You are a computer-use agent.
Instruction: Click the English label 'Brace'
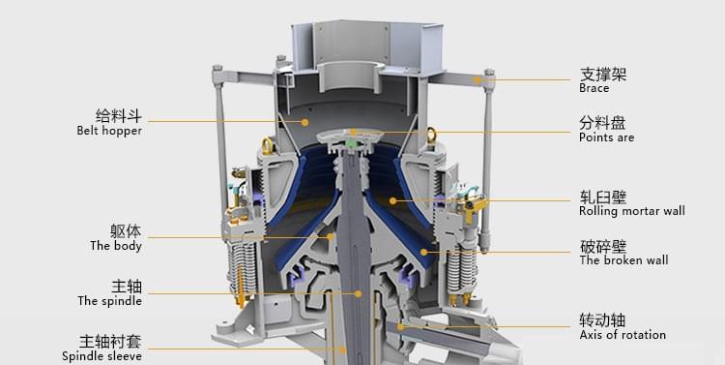(594, 88)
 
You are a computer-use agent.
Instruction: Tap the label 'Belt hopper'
(109, 131)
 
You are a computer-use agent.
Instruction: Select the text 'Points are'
(607, 137)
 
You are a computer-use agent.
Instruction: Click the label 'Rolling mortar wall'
(632, 211)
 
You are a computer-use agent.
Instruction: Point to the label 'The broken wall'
(623, 260)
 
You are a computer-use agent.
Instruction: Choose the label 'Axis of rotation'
(623, 334)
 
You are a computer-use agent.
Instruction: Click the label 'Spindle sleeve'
(101, 356)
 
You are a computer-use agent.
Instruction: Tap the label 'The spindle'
(109, 301)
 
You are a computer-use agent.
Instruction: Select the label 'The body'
(116, 246)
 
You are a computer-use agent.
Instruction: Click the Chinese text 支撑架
(603, 75)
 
